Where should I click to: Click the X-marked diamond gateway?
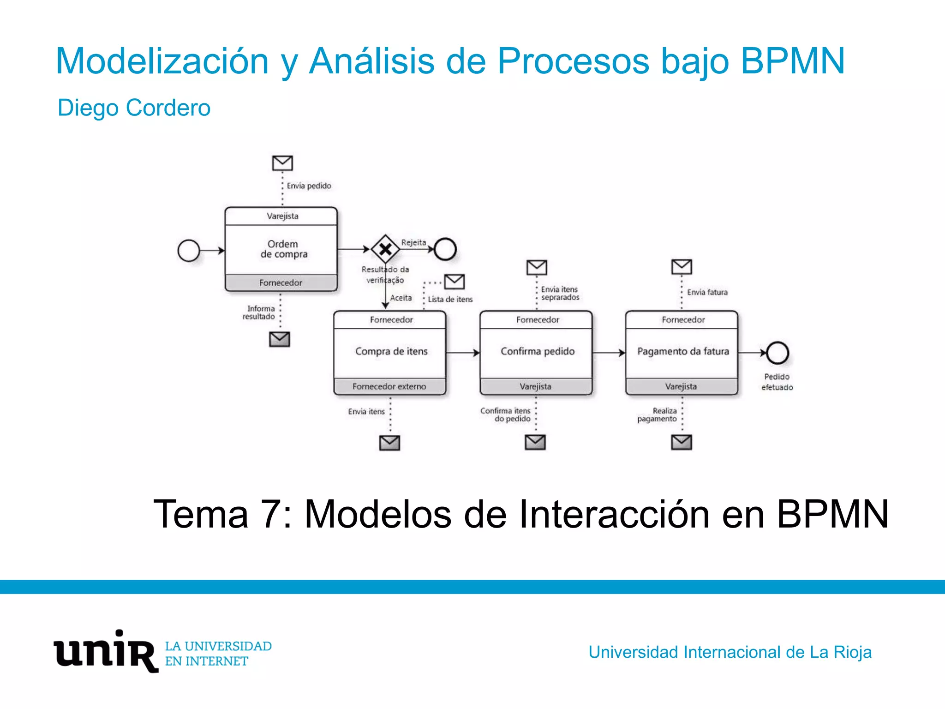(x=385, y=249)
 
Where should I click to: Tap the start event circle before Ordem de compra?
(x=189, y=251)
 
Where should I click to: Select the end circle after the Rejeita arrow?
(x=445, y=249)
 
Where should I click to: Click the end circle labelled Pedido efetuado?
(x=778, y=353)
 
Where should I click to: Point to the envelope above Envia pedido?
(x=282, y=163)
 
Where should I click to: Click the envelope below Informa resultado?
(x=280, y=339)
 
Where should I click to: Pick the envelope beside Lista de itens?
(x=455, y=282)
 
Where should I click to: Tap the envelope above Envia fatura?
(x=682, y=267)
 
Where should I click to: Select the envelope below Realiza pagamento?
(x=682, y=442)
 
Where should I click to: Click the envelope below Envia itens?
(x=389, y=443)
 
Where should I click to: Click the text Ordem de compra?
(x=283, y=249)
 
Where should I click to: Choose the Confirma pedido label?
(x=538, y=352)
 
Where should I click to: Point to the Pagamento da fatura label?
(x=683, y=352)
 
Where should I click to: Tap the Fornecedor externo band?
(x=389, y=386)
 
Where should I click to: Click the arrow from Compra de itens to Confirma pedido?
(x=463, y=353)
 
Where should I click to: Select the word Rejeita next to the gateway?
(x=413, y=243)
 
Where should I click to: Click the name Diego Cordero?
(x=134, y=108)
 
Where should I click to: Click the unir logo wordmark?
(x=106, y=651)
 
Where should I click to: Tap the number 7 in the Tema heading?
(x=269, y=514)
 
